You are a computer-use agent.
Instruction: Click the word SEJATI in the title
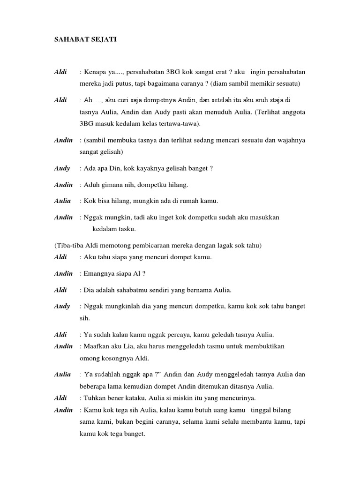pos(104,40)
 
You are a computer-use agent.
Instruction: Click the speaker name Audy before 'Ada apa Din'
pos(62,168)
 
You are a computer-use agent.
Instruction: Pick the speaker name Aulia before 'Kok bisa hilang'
pos(63,201)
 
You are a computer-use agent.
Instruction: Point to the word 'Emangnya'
pos(98,274)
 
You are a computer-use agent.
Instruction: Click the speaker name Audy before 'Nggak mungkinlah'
pos(62,306)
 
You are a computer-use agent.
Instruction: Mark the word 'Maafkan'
pos(96,346)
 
